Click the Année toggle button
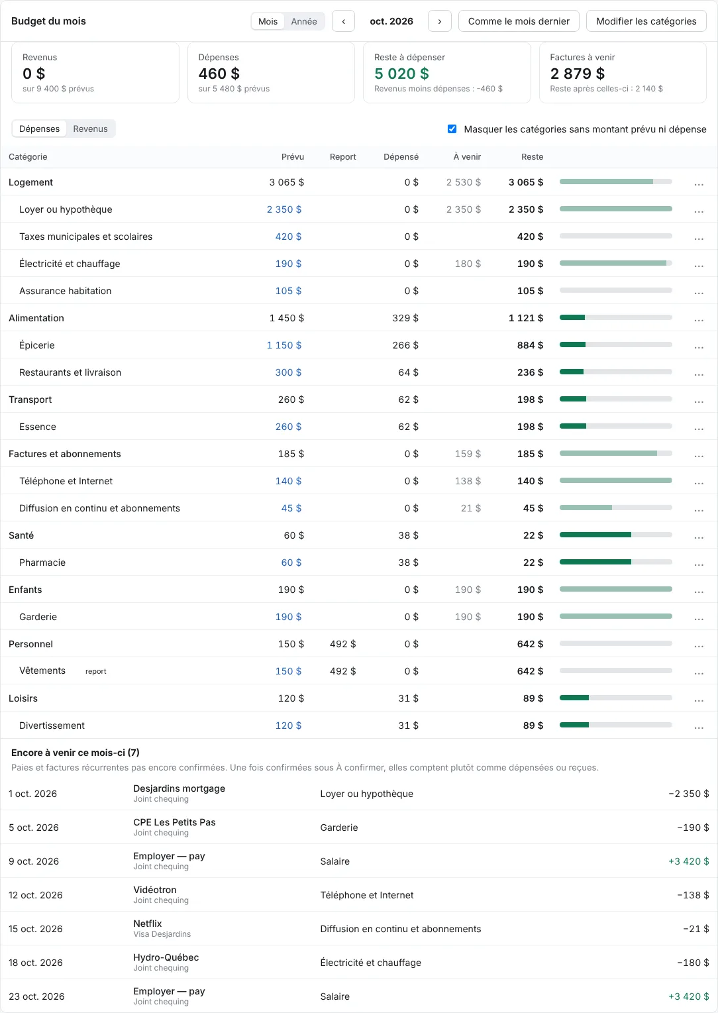[x=304, y=21]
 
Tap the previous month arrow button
[x=343, y=21]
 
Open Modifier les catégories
[x=646, y=21]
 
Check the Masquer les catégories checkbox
[x=452, y=129]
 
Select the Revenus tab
[x=91, y=129]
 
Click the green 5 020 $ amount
[x=401, y=74]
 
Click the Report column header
[x=342, y=157]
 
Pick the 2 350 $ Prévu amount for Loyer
[x=284, y=209]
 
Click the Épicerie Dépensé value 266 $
[x=405, y=345]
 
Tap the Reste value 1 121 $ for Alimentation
[x=526, y=318]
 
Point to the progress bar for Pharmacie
[x=616, y=562]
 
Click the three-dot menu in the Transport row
[x=699, y=400]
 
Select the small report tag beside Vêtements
[x=96, y=671]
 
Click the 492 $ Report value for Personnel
[x=342, y=644]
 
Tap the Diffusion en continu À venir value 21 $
[x=471, y=508]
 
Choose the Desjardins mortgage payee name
[x=179, y=788]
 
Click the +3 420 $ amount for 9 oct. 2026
[x=689, y=861]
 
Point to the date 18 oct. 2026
[x=35, y=963]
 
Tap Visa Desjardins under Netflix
[x=162, y=934]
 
